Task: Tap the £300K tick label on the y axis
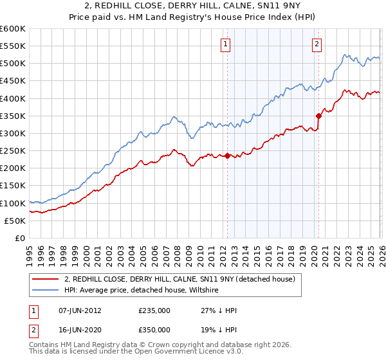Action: (13, 133)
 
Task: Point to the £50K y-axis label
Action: (15, 221)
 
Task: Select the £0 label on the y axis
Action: (20, 238)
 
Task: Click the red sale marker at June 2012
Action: (227, 156)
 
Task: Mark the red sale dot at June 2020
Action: (318, 116)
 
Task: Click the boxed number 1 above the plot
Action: (226, 44)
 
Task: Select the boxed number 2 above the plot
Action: (317, 44)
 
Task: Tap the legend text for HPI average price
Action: (142, 291)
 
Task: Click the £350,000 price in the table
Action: (154, 329)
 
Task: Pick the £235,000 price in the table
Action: (154, 310)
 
